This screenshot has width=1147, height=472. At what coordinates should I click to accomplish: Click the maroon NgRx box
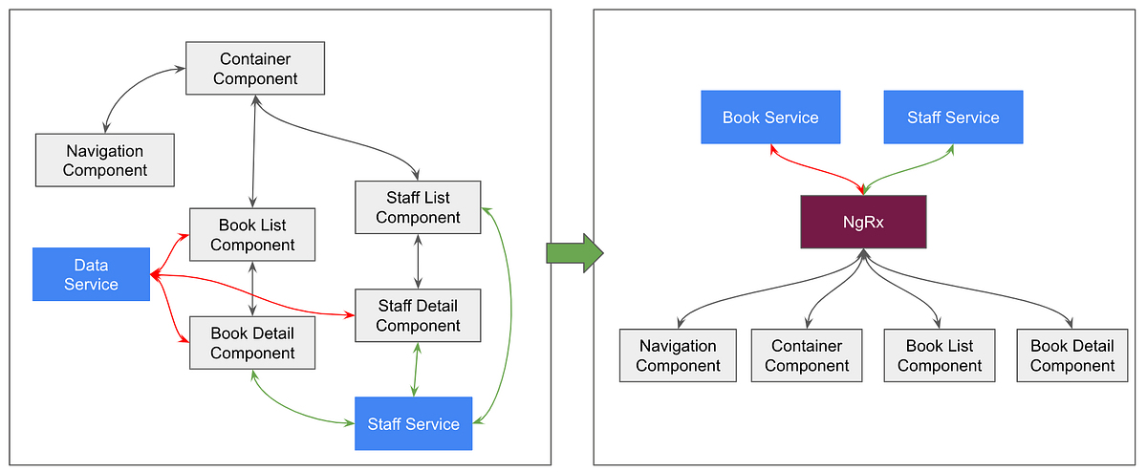click(862, 222)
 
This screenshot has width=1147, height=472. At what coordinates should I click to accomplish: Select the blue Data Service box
click(91, 274)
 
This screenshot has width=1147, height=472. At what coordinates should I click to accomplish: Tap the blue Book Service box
click(770, 118)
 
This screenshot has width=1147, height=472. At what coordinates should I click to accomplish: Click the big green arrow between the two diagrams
click(574, 252)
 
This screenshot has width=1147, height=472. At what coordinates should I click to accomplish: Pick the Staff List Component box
click(418, 207)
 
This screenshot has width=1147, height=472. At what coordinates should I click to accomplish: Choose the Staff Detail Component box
click(418, 315)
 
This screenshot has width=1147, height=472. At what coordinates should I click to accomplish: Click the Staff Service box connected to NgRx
click(953, 118)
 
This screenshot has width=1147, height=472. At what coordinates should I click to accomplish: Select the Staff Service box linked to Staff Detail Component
click(413, 423)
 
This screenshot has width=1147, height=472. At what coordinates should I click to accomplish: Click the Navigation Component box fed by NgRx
click(678, 355)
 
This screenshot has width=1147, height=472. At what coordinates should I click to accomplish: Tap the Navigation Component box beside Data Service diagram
click(105, 160)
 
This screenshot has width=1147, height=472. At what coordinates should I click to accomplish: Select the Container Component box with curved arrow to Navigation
click(255, 68)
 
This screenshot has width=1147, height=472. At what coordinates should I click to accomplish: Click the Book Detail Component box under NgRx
click(1071, 355)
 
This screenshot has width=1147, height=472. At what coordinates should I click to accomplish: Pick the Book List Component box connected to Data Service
click(252, 235)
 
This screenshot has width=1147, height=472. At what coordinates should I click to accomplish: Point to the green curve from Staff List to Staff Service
click(510, 315)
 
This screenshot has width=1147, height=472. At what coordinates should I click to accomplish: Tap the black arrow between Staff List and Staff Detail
click(418, 261)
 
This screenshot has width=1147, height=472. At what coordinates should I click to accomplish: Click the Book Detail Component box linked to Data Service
click(252, 343)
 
